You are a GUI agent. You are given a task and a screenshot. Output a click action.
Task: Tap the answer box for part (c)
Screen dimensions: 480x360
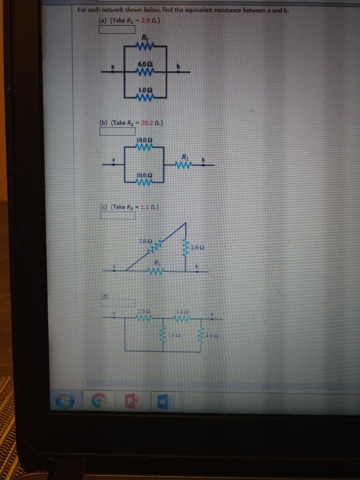click(x=118, y=215)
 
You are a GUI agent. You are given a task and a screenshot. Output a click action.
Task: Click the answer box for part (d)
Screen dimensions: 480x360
click(x=118, y=302)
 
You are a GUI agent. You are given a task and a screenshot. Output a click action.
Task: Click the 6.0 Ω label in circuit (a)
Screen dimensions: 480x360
click(x=145, y=64)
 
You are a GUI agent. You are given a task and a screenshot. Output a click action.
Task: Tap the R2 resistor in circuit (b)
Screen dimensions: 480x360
click(x=184, y=165)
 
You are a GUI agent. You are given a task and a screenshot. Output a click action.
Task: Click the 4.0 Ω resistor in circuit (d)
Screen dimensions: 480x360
click(x=202, y=334)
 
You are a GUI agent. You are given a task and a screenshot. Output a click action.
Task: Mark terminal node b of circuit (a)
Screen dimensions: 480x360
click(x=179, y=72)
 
